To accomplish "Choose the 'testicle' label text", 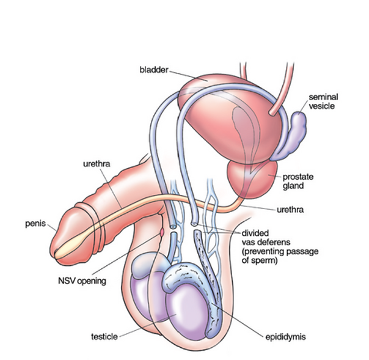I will pos(104,336).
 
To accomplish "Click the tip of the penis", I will pos(56,247).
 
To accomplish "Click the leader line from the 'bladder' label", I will pos(186,75).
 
